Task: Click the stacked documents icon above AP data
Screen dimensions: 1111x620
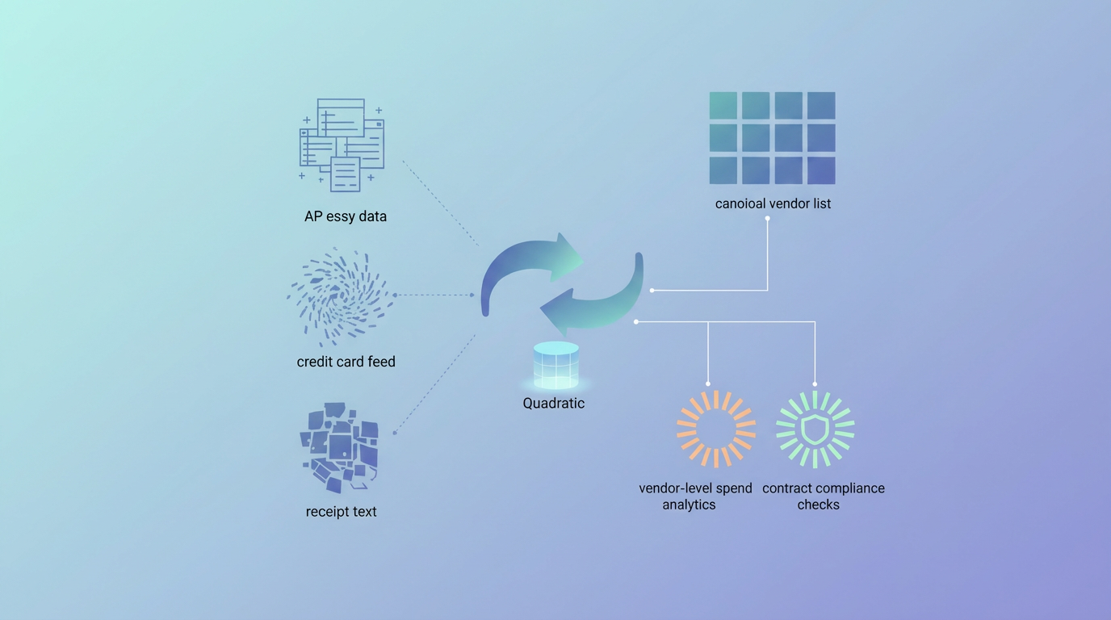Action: pyautogui.click(x=342, y=145)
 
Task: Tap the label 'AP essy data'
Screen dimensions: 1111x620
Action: pyautogui.click(x=346, y=216)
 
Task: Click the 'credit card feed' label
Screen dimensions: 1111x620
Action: pyautogui.click(x=346, y=362)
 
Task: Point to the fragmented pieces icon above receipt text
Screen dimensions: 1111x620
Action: pyautogui.click(x=340, y=446)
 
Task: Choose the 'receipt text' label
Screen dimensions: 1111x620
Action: pyautogui.click(x=342, y=511)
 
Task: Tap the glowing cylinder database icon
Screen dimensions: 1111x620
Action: pyautogui.click(x=556, y=366)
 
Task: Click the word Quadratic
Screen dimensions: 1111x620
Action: pyautogui.click(x=554, y=403)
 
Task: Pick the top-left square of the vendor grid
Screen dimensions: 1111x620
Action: pyautogui.click(x=723, y=106)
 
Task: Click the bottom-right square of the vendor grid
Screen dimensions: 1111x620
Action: pyautogui.click(x=821, y=170)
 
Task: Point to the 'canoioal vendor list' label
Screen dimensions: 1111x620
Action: pyautogui.click(x=773, y=203)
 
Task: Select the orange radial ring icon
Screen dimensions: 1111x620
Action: pyautogui.click(x=716, y=429)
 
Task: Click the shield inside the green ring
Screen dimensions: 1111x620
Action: pyautogui.click(x=815, y=429)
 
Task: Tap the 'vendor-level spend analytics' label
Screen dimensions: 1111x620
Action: pyautogui.click(x=695, y=496)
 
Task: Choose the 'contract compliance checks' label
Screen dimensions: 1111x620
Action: pyautogui.click(x=823, y=496)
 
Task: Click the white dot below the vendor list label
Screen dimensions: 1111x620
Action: pyautogui.click(x=768, y=218)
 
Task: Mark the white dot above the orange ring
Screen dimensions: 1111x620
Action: pyautogui.click(x=708, y=383)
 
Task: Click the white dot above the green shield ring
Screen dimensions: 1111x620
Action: pyautogui.click(x=815, y=383)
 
